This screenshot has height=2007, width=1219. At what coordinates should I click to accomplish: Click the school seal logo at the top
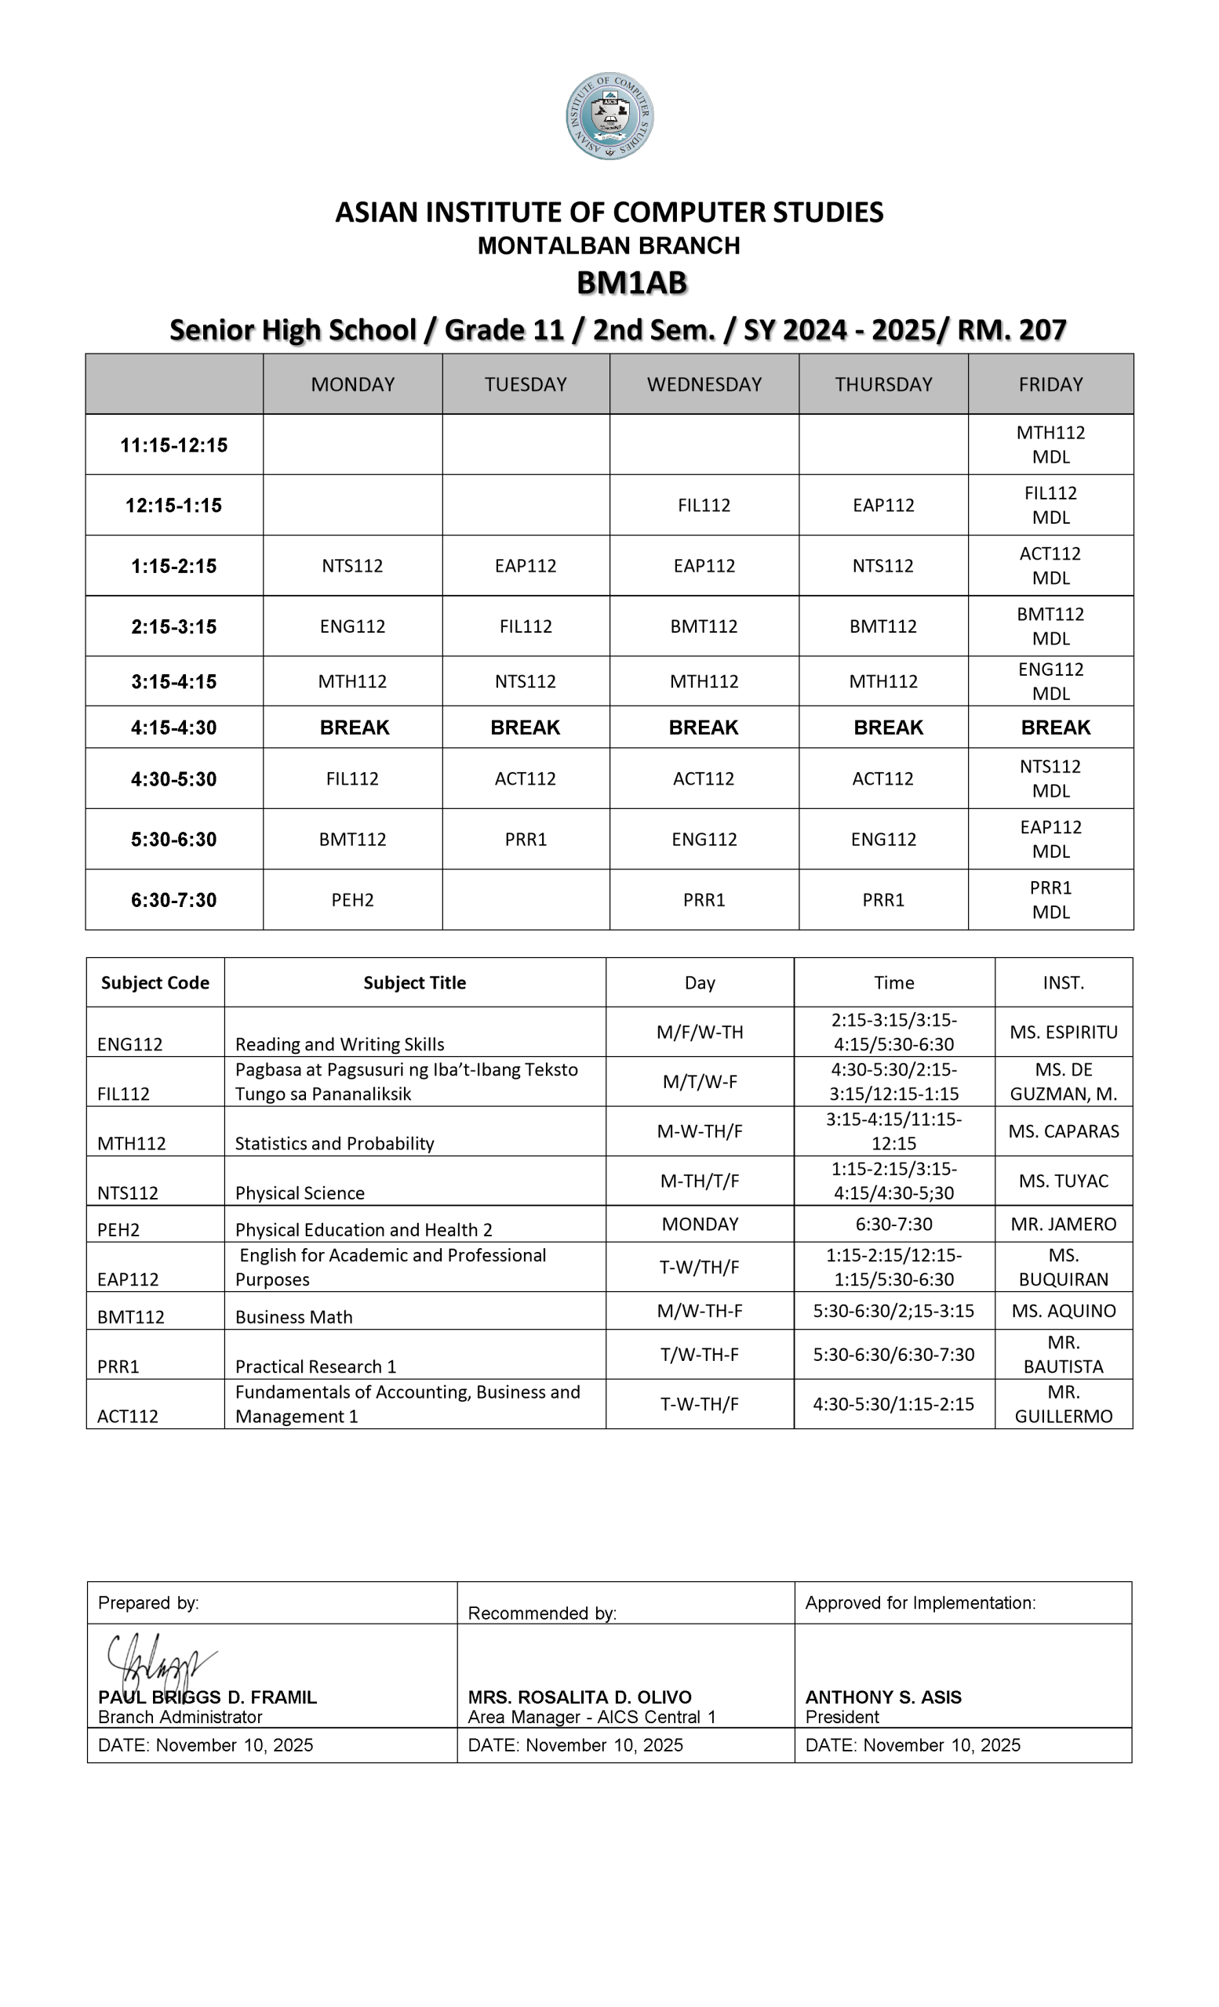coord(609,116)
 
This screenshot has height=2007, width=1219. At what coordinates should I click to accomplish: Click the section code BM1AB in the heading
coord(631,283)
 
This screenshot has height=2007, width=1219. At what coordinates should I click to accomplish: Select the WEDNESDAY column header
coord(704,384)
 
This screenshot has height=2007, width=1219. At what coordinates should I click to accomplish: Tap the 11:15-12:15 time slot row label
coord(173,445)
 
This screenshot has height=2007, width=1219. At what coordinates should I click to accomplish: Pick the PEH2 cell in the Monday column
coord(352,900)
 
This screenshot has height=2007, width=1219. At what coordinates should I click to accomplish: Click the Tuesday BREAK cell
coord(525,728)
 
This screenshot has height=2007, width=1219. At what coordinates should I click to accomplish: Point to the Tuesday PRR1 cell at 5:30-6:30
coord(526,839)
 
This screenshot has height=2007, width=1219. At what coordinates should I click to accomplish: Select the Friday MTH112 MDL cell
coord(1050,445)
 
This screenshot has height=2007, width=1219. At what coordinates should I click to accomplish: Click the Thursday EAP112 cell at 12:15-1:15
coord(883,505)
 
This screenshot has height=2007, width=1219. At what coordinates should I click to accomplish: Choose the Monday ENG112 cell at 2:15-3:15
coord(352,626)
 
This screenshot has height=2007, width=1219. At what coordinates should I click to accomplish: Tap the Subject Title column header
coord(414,982)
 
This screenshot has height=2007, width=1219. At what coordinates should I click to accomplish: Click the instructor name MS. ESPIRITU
coord(1064,1032)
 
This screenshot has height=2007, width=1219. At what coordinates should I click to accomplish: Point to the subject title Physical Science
coord(300,1192)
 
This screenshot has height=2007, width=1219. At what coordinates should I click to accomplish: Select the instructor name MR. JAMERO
coord(1064,1225)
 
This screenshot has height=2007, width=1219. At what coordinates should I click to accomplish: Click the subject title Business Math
coord(293,1317)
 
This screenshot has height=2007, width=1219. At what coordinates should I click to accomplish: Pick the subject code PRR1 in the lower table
coord(118,1366)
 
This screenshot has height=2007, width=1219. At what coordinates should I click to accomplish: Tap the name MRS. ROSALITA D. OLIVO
coord(580,1697)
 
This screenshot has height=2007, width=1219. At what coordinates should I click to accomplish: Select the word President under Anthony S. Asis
coord(842,1717)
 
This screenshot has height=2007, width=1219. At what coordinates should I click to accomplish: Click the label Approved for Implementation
coord(920,1603)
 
